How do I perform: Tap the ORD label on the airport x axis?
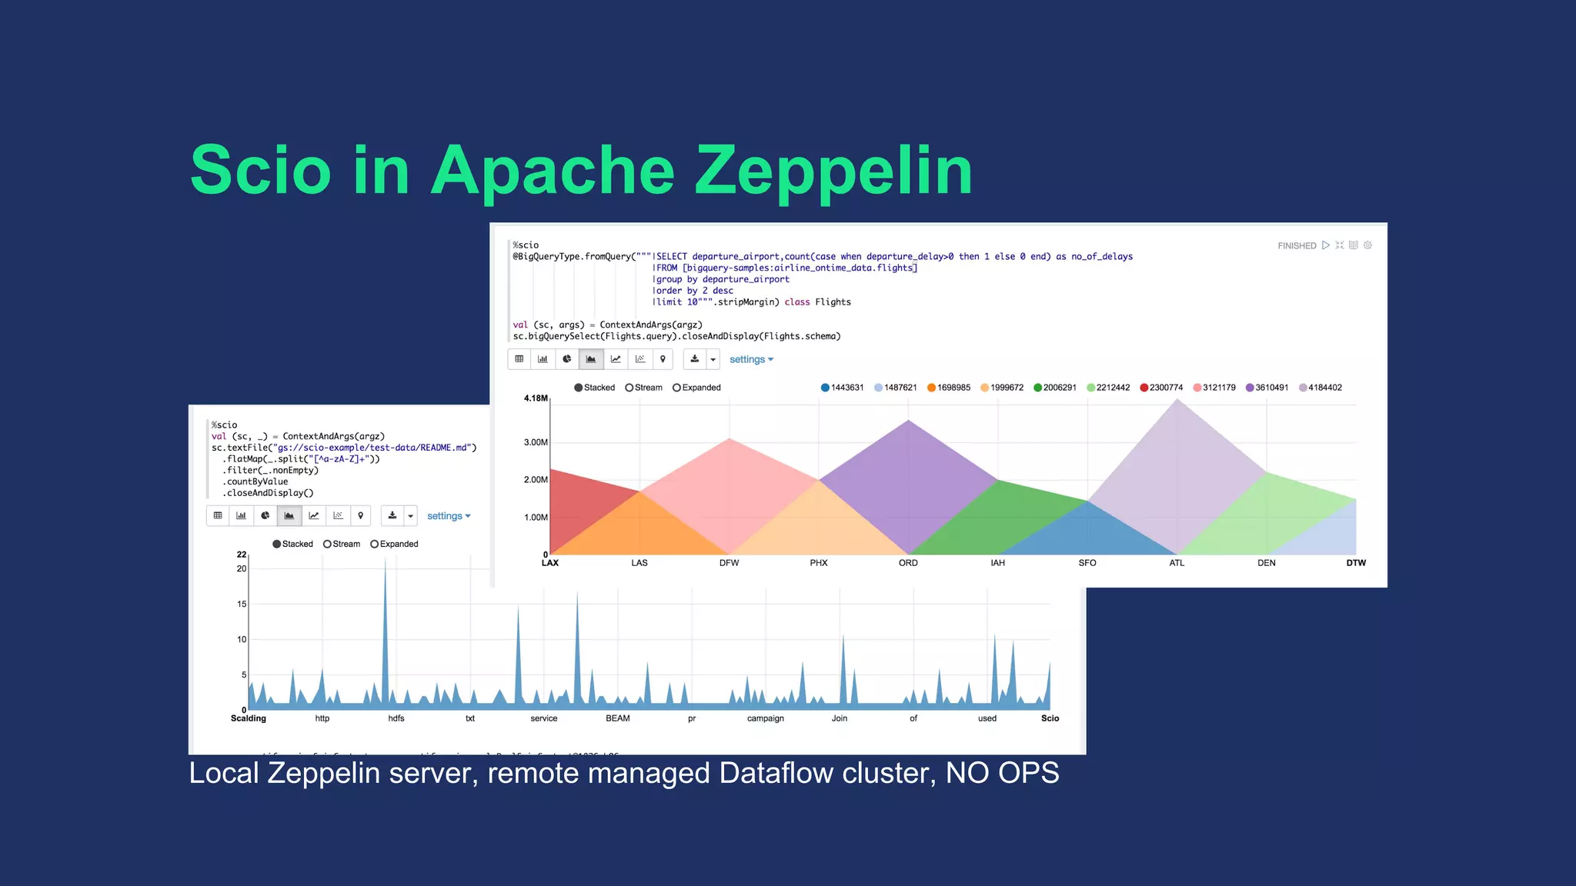908,563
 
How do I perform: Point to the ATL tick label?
1177,563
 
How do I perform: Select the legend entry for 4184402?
1321,388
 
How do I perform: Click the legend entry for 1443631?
843,388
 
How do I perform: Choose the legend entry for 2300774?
1161,388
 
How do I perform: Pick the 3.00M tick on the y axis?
536,442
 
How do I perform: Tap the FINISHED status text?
1297,246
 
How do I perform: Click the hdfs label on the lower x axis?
396,718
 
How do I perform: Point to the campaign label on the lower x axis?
765,718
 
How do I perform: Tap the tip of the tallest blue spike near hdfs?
386,560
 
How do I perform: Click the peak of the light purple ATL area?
1177,400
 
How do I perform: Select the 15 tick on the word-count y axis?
242,605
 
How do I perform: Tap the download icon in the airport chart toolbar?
695,359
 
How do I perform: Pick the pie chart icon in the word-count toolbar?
265,515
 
